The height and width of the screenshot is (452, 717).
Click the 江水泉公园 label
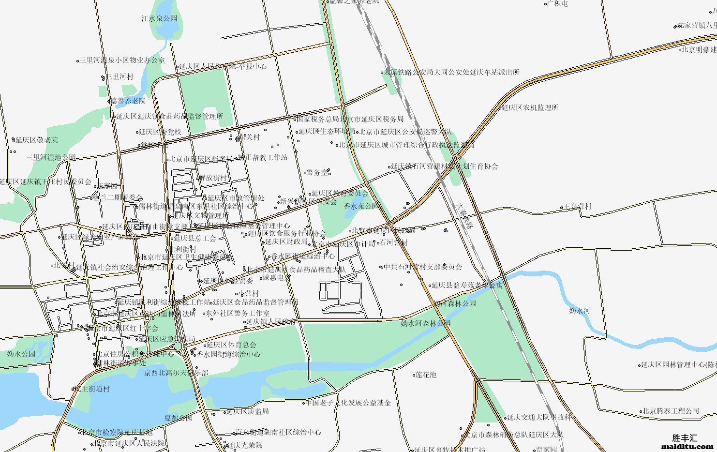pos(159,18)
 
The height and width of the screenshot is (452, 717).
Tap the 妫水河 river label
pos(580,310)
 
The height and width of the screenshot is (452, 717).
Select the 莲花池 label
pos(426,375)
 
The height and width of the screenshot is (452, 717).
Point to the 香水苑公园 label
pos(361,206)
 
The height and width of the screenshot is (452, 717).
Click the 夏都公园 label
pos(178,418)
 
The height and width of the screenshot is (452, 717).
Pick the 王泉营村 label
pos(577,206)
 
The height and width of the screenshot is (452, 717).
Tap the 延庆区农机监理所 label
pos(530,107)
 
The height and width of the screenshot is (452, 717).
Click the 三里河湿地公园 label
pos(51,157)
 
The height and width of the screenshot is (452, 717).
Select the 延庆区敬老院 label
pos(36,140)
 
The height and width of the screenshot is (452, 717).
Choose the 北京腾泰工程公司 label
pos(671,411)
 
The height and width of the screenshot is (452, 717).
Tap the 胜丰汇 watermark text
pos(685,438)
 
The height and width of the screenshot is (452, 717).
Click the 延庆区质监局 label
pos(248,411)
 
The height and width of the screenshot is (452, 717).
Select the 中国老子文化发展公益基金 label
pos(348,402)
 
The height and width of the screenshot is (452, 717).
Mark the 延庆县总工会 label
pos(195,238)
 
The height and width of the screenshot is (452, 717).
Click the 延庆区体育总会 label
pos(231,345)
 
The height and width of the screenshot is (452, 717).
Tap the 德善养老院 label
pos(128,101)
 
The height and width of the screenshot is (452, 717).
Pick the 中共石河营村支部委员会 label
pos(423,267)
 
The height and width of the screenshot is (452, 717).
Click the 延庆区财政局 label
pos(286,241)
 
